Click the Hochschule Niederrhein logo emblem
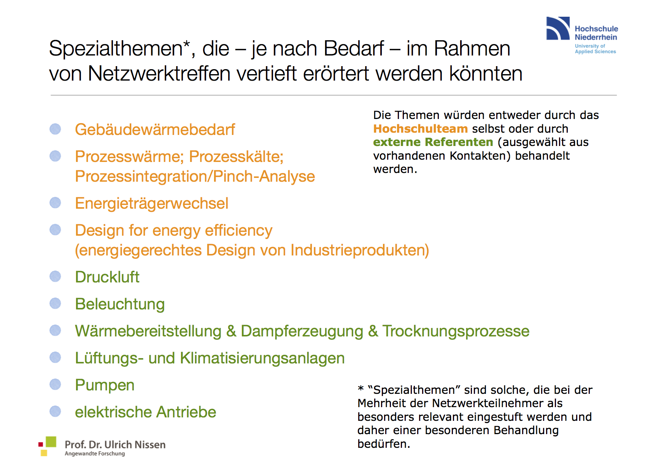coord(558,28)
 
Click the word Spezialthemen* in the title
coord(119,49)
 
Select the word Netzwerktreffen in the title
coord(159,73)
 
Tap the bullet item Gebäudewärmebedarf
coord(155,130)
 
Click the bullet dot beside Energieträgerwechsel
coord(56,203)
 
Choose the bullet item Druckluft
coord(107,277)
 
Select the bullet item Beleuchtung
coord(120,304)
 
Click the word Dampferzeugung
coord(302,331)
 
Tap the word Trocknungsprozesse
coord(456,331)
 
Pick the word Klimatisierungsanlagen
coord(262,358)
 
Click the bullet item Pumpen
coord(105,385)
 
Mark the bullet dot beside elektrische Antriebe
coord(56,411)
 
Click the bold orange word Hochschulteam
coord(420,129)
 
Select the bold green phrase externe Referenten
coord(433,142)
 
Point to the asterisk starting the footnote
coord(361,389)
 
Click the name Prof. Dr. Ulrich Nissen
coord(115,444)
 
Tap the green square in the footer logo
coord(51,442)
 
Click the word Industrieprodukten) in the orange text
coord(360,250)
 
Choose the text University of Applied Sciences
coord(595,49)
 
